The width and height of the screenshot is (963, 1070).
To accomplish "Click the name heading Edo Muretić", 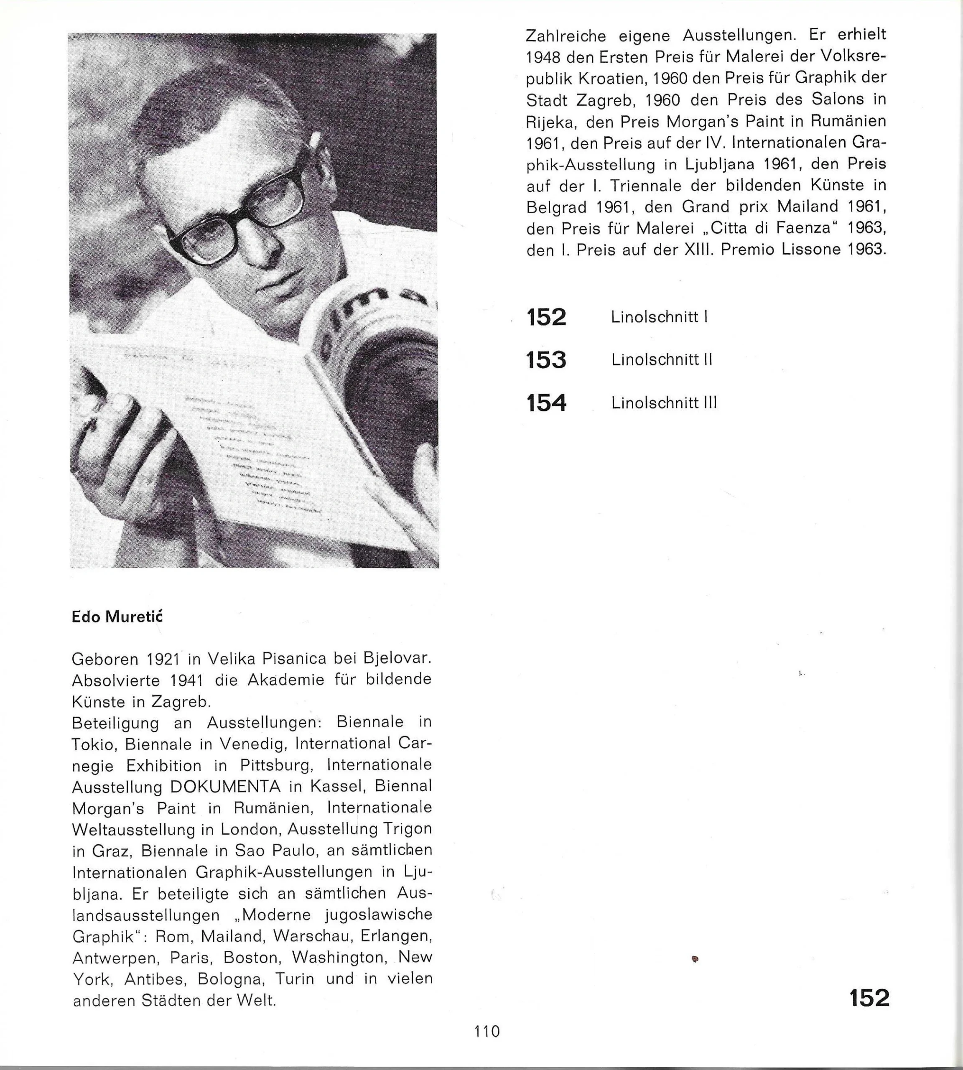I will tap(117, 617).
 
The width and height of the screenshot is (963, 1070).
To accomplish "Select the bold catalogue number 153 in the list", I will tap(546, 360).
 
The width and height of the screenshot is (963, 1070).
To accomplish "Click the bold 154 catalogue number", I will tap(546, 403).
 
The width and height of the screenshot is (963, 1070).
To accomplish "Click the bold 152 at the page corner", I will tap(869, 999).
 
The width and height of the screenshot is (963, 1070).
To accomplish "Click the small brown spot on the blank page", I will tap(695, 959).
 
